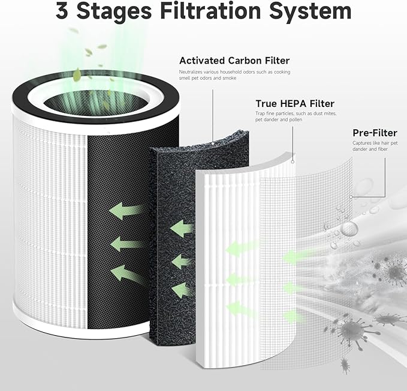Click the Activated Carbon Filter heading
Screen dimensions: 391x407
234,61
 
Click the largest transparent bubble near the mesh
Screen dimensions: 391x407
349,229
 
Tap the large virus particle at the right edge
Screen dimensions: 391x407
396,274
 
